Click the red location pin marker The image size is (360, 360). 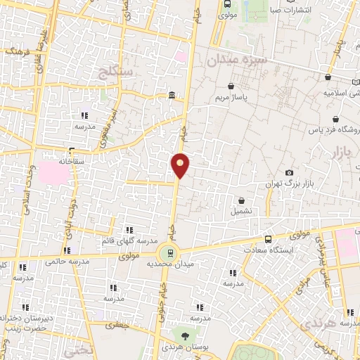click(181, 165)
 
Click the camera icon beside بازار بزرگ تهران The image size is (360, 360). click(289, 173)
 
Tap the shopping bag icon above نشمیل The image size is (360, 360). click(242, 200)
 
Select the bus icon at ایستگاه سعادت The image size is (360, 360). click(267, 239)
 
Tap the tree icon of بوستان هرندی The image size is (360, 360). click(184, 336)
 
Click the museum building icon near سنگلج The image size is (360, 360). click(172, 96)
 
